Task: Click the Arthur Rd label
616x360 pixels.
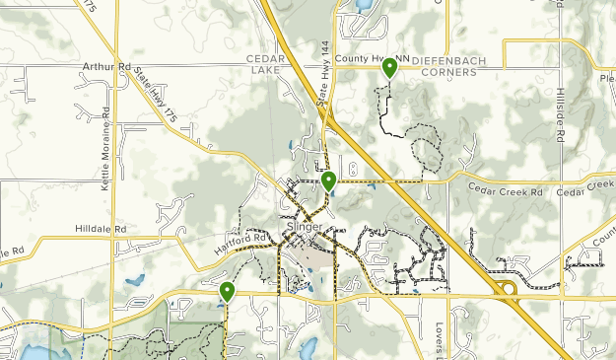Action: click(x=107, y=68)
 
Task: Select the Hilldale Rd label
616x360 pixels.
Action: click(x=102, y=229)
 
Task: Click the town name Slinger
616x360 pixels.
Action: click(x=304, y=227)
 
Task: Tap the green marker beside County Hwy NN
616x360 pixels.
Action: click(x=390, y=68)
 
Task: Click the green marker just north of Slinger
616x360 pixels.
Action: click(x=328, y=180)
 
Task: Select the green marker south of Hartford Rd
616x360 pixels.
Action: click(x=227, y=291)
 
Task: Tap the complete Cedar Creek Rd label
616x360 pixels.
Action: click(x=505, y=189)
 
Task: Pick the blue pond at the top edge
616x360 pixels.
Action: click(x=362, y=5)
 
